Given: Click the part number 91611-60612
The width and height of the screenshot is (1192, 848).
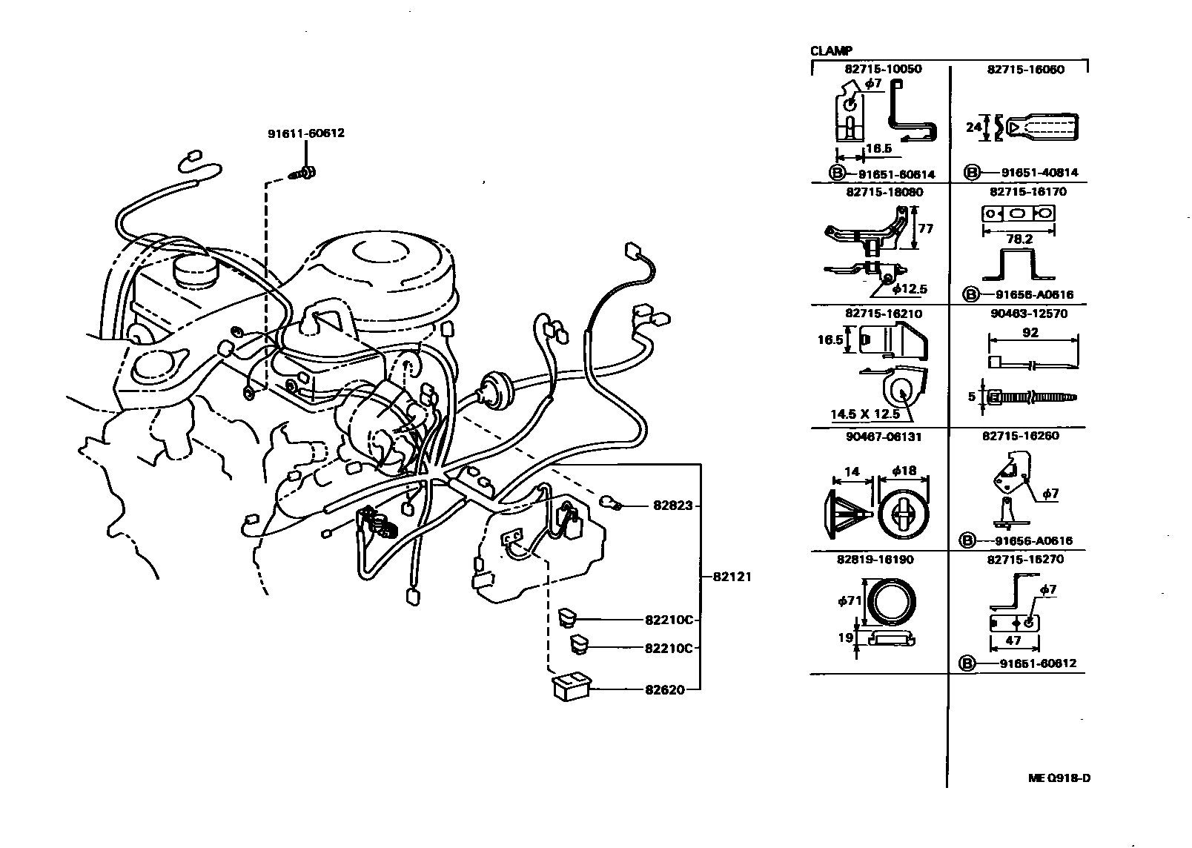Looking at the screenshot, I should (305, 134).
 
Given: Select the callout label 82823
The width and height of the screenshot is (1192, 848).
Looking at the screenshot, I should (672, 506).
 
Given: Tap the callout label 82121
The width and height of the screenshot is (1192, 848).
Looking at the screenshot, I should (732, 577).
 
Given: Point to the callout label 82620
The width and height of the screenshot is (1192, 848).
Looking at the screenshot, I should (663, 689).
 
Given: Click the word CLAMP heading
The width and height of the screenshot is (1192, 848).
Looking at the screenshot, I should (831, 51).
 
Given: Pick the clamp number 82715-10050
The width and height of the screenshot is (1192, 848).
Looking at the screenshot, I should (882, 69).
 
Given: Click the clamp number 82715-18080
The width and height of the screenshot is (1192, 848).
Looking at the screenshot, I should (884, 191).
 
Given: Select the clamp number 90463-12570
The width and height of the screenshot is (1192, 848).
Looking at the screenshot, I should (1027, 314).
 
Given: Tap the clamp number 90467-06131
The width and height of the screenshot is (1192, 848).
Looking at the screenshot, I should (884, 437).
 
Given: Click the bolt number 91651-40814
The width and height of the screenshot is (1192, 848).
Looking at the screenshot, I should (1039, 173).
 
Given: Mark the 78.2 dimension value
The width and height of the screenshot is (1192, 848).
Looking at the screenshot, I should (1019, 239).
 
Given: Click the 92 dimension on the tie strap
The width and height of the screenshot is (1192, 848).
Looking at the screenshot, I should (1030, 333).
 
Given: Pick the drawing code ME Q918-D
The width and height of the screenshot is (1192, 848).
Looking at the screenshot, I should (1059, 778).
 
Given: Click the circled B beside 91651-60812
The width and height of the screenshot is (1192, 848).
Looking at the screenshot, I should (967, 664).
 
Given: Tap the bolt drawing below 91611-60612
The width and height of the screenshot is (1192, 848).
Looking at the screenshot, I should (304, 173).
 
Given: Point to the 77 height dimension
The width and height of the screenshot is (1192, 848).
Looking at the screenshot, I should (925, 229).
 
